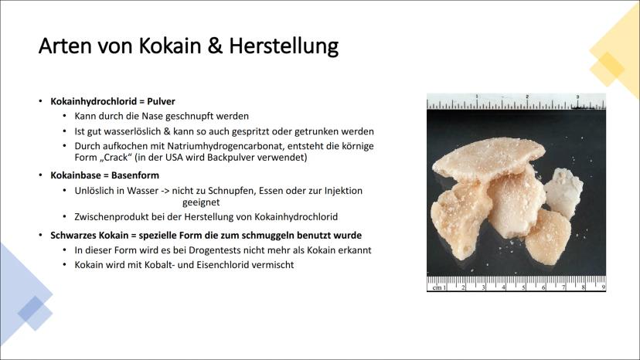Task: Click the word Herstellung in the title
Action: click(x=283, y=46)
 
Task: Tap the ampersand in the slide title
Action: click(x=215, y=46)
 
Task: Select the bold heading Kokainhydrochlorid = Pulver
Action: click(x=113, y=101)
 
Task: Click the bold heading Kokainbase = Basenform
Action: click(x=105, y=175)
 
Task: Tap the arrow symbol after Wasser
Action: click(x=165, y=191)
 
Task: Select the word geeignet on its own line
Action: click(x=201, y=202)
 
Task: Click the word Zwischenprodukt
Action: click(x=107, y=217)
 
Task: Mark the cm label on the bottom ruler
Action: click(x=437, y=287)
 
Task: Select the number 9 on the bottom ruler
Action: click(x=603, y=287)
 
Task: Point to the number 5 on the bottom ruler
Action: click(x=524, y=287)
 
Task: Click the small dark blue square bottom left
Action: click(x=31, y=308)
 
